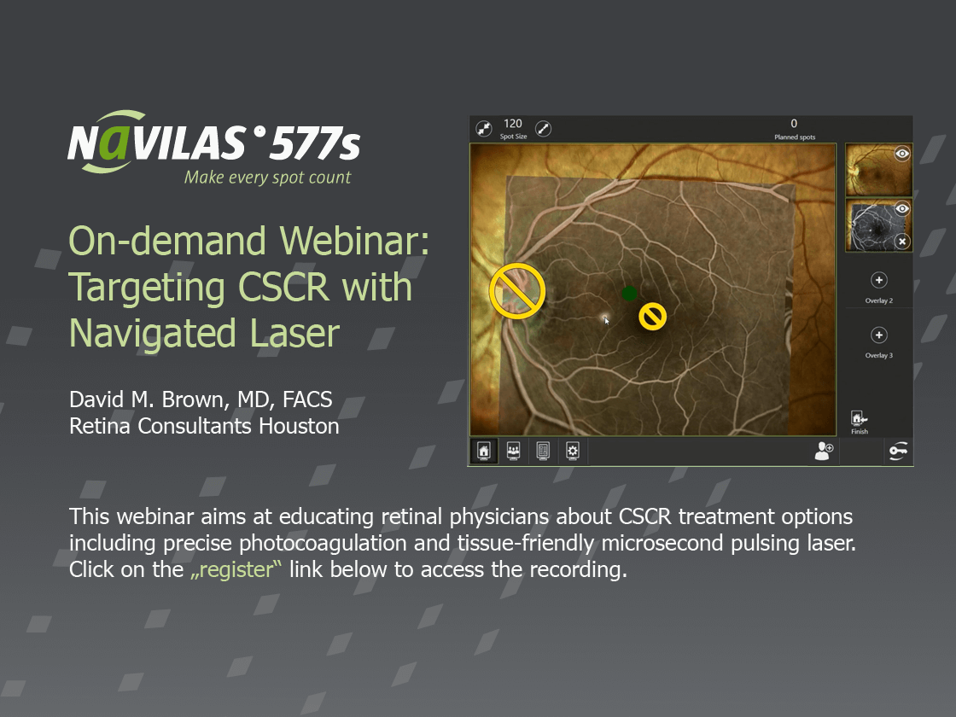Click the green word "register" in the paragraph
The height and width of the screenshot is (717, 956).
coord(236,570)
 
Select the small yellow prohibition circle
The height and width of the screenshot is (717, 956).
coord(652,317)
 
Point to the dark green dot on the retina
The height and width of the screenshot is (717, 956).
coord(629,294)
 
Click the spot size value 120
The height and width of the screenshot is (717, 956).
coord(513,124)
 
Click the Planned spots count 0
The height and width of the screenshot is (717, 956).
coord(794,124)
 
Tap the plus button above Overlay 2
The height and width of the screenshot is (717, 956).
coord(878,281)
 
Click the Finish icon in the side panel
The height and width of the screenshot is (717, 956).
coord(859,418)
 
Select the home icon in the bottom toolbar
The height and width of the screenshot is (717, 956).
coord(483,452)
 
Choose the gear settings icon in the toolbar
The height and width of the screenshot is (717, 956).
coord(573,452)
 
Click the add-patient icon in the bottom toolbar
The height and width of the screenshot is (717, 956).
coord(824,452)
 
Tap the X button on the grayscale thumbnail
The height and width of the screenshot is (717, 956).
coord(902,242)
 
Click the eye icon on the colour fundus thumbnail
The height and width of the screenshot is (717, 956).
coord(902,154)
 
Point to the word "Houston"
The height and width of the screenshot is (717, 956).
coord(299,426)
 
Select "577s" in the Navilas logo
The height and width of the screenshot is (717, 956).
coord(315,143)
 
